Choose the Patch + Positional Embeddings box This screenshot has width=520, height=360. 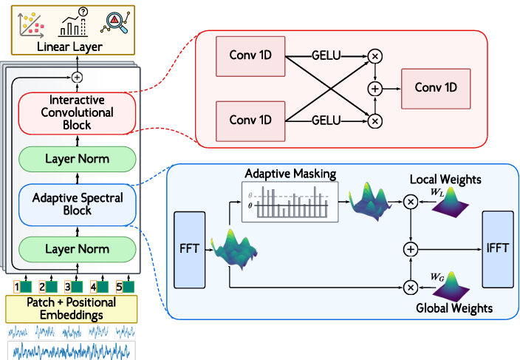click(x=72, y=308)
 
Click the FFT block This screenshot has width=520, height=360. click(x=188, y=249)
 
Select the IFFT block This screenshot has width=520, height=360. click(x=496, y=249)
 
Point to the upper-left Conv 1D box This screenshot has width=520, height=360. click(x=250, y=55)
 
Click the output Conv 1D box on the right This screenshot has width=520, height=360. click(x=436, y=87)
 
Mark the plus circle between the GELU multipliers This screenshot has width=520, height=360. click(x=374, y=88)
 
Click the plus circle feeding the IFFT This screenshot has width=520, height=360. click(x=410, y=250)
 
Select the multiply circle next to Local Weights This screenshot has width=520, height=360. click(x=410, y=200)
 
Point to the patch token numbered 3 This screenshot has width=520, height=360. click(x=71, y=285)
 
